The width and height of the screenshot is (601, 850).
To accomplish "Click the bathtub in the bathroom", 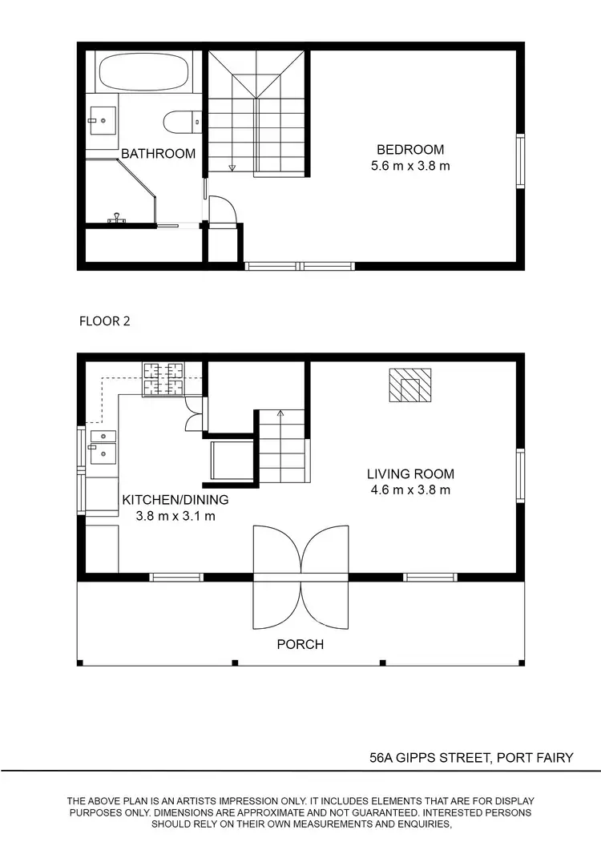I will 143,72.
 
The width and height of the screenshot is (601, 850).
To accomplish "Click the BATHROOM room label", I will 158,154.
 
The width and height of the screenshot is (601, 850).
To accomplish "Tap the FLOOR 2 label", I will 104,322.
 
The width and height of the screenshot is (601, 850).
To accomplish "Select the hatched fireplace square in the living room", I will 410,385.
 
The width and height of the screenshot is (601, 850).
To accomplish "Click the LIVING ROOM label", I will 410,473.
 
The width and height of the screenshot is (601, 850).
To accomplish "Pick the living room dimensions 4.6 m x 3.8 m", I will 410,489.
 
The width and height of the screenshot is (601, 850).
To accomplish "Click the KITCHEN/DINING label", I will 175,500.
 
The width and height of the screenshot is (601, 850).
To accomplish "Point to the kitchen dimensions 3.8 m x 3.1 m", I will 175,516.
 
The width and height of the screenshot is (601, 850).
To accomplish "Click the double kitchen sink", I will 103,447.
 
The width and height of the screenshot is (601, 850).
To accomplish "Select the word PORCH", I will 300,643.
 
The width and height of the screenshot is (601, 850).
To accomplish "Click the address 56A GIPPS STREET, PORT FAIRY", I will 471,757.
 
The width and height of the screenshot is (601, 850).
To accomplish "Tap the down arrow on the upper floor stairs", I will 232,167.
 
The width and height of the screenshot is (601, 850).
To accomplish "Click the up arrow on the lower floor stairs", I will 280,414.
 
